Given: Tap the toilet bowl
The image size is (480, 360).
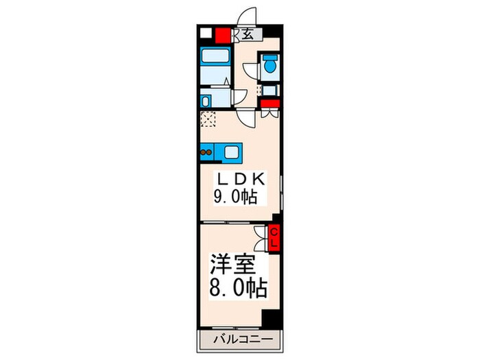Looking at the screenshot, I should (x=269, y=67).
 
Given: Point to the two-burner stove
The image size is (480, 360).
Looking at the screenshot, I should (x=206, y=150).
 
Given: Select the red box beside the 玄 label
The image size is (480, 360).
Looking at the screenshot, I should (x=223, y=35).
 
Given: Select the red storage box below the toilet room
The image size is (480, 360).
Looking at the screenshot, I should (x=269, y=104).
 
